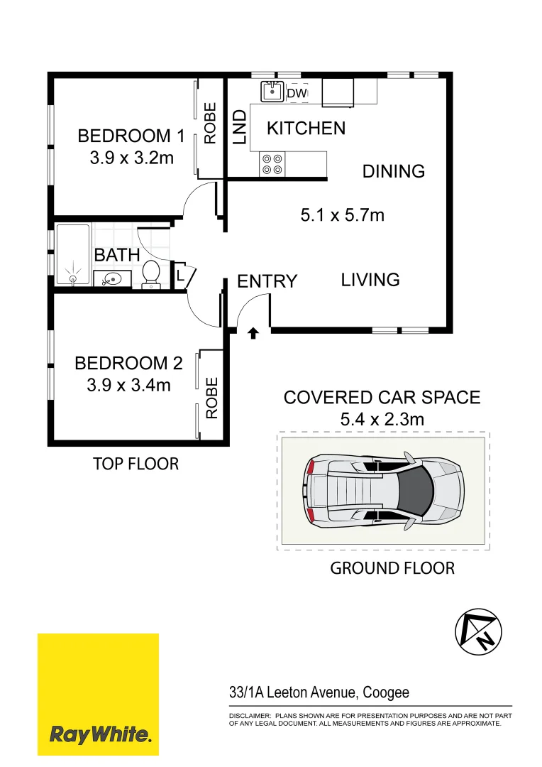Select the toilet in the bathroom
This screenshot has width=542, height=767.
(x=151, y=273)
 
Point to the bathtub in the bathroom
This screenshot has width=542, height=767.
(x=73, y=254)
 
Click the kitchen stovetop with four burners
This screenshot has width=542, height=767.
(x=272, y=164)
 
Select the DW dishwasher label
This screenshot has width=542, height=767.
(x=297, y=93)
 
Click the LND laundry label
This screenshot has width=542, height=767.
(x=239, y=127)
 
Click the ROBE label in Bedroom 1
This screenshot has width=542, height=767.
(x=210, y=124)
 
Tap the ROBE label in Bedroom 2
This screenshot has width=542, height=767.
(x=211, y=398)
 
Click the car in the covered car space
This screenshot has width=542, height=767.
(x=384, y=490)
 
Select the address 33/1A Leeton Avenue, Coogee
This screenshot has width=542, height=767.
(x=319, y=692)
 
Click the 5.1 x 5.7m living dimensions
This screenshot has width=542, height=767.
(x=343, y=213)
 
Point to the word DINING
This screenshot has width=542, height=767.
(x=393, y=171)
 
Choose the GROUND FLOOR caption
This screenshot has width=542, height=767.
(x=392, y=568)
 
